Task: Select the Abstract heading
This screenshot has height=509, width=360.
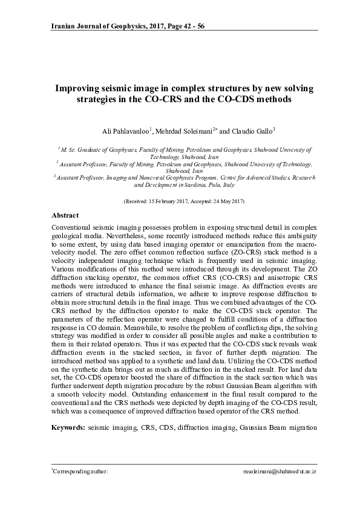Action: click(x=65, y=215)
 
